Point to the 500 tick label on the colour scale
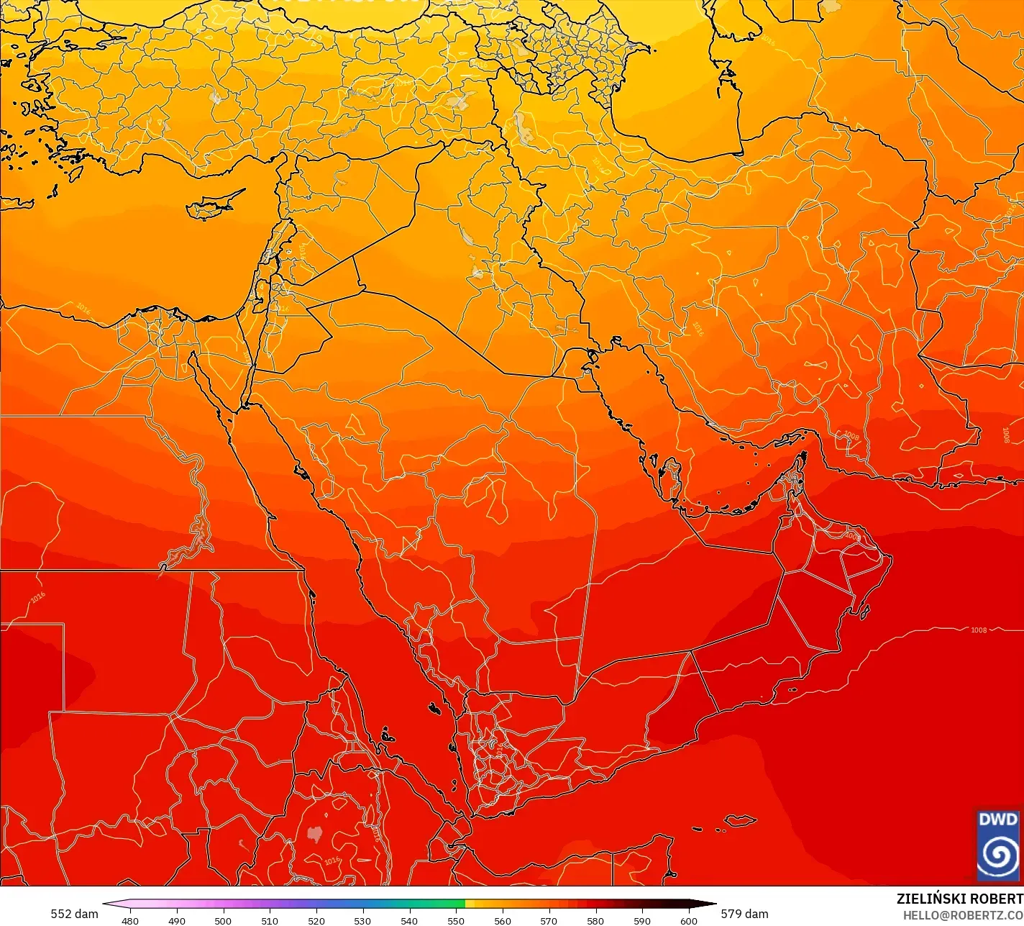click(x=223, y=920)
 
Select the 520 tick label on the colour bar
click(x=316, y=920)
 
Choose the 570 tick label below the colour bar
click(x=549, y=920)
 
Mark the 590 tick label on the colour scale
click(x=642, y=920)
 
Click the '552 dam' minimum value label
click(x=74, y=914)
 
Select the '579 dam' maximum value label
click(x=744, y=914)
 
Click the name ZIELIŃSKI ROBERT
click(x=959, y=899)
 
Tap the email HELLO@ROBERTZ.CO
click(x=963, y=915)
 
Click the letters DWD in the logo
click(x=998, y=820)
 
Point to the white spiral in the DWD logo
click(x=998, y=854)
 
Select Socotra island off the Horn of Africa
click(x=739, y=821)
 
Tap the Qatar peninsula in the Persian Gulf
click(x=672, y=482)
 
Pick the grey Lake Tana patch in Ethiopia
click(x=314, y=833)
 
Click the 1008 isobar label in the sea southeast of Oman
click(x=979, y=630)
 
